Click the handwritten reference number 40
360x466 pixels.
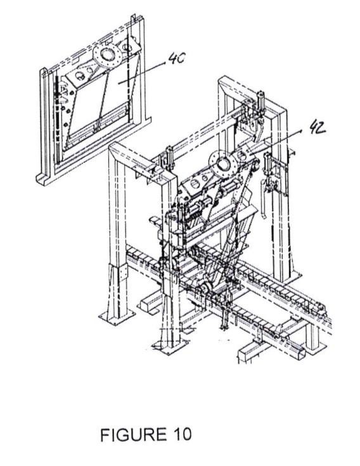pyautogui.click(x=177, y=58)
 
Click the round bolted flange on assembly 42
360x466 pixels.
pyautogui.click(x=223, y=164)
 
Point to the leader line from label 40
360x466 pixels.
pyautogui.click(x=142, y=73)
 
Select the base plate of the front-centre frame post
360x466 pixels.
pyautogui.click(x=170, y=346)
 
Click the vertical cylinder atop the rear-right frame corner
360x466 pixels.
pyautogui.click(x=261, y=102)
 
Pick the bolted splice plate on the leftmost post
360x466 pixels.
pyautogui.click(x=122, y=272)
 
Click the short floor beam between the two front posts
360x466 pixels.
pyautogui.click(x=149, y=305)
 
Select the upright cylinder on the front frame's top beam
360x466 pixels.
pyautogui.click(x=169, y=158)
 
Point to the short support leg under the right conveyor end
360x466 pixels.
pyautogui.click(x=312, y=336)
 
